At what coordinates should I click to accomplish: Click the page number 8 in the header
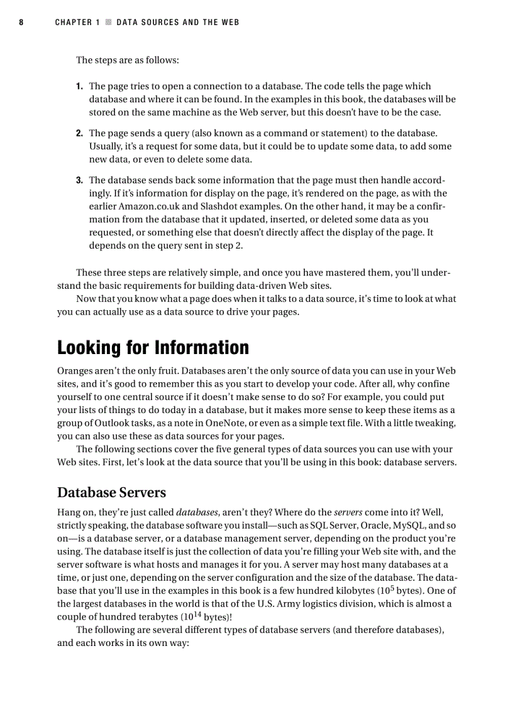21,23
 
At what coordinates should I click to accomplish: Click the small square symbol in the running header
108,23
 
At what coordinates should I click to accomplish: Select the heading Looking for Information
153,347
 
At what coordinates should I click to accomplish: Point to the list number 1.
79,87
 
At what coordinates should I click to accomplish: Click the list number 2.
79,134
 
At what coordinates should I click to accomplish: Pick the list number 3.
79,180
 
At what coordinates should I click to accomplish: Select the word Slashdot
221,207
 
